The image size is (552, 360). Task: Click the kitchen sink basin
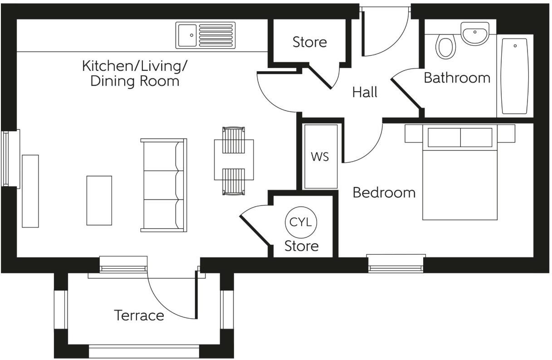point(187,35)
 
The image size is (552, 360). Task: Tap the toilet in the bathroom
point(445,47)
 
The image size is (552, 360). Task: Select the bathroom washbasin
point(475,34)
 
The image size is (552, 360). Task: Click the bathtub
point(515,76)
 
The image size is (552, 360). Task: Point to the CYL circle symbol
point(301,222)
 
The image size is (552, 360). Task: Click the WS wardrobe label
point(320,157)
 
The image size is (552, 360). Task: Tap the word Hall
point(365,93)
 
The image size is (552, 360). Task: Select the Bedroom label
point(384,192)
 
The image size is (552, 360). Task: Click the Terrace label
point(139,316)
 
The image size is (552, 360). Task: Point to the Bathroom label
point(457,78)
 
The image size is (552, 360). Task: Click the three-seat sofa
point(164,185)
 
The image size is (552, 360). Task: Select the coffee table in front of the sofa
point(99,201)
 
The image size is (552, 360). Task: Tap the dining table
point(234,160)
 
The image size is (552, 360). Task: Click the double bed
point(460,172)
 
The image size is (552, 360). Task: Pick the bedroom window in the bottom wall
point(396,263)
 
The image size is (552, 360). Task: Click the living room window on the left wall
point(10,158)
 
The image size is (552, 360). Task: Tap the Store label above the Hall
point(310,42)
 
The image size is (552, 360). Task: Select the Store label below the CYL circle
point(301,246)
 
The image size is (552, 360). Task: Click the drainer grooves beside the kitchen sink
point(216,35)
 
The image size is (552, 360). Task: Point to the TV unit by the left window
point(30,191)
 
